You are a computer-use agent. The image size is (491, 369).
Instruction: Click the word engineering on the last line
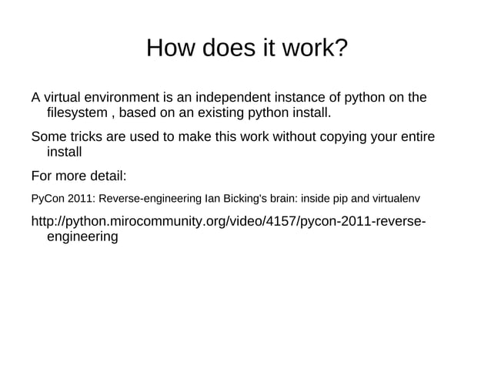coord(82,239)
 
